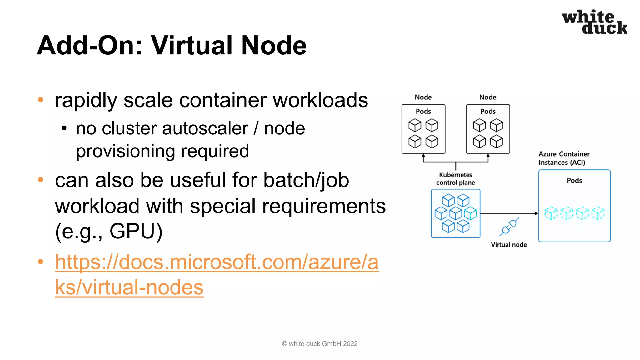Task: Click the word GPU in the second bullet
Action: [136, 231]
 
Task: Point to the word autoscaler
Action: [175, 128]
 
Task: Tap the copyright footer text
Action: [320, 344]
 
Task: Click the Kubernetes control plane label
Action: [455, 179]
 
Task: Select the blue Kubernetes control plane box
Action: [455, 213]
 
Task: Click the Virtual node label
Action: [509, 245]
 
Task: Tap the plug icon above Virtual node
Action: [509, 227]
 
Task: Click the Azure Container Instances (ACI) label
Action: [564, 158]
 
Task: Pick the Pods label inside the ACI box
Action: [574, 180]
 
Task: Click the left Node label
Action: [423, 97]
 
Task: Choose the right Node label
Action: [487, 97]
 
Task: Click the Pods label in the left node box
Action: [423, 111]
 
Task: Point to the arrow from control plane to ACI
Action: [509, 213]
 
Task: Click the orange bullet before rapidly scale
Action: [40, 100]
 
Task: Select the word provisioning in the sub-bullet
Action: [125, 152]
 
